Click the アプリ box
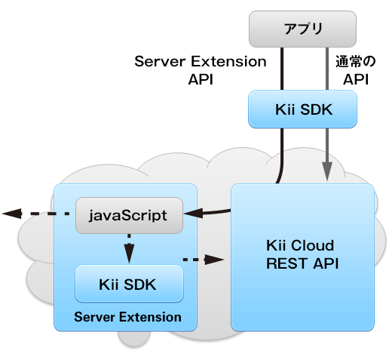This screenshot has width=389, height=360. (x=302, y=29)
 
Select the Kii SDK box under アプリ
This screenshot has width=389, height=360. (x=302, y=109)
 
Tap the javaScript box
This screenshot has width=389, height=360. (x=129, y=215)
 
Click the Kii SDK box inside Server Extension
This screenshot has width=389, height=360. (x=129, y=284)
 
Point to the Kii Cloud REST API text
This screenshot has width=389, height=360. (x=302, y=254)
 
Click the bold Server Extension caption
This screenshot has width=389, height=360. (x=127, y=317)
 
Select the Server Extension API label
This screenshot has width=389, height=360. (x=201, y=70)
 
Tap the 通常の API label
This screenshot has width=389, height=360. (x=356, y=70)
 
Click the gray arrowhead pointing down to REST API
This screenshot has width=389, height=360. (x=327, y=171)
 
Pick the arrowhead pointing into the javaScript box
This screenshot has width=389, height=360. (x=194, y=214)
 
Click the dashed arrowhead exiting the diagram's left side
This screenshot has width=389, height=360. (x=12, y=214)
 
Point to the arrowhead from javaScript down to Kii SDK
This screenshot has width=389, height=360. (x=129, y=254)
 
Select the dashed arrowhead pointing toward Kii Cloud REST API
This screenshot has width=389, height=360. (x=214, y=260)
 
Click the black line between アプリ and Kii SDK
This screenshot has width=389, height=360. (x=282, y=69)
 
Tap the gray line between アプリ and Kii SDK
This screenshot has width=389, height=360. (x=327, y=69)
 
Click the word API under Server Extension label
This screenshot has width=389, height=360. (x=201, y=79)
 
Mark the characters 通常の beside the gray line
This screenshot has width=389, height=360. (x=356, y=61)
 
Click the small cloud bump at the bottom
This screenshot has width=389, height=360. (x=134, y=339)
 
